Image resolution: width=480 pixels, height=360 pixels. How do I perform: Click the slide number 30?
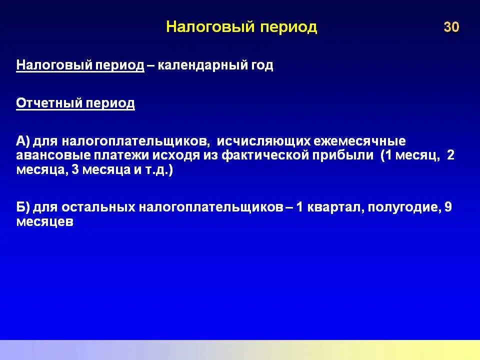[451, 27]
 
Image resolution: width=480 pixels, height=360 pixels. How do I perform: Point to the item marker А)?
[23, 141]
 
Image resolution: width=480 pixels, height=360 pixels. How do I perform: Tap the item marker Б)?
[23, 207]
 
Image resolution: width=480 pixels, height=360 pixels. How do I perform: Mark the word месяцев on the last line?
[44, 222]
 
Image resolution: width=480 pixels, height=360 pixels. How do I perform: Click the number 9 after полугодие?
[448, 207]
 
